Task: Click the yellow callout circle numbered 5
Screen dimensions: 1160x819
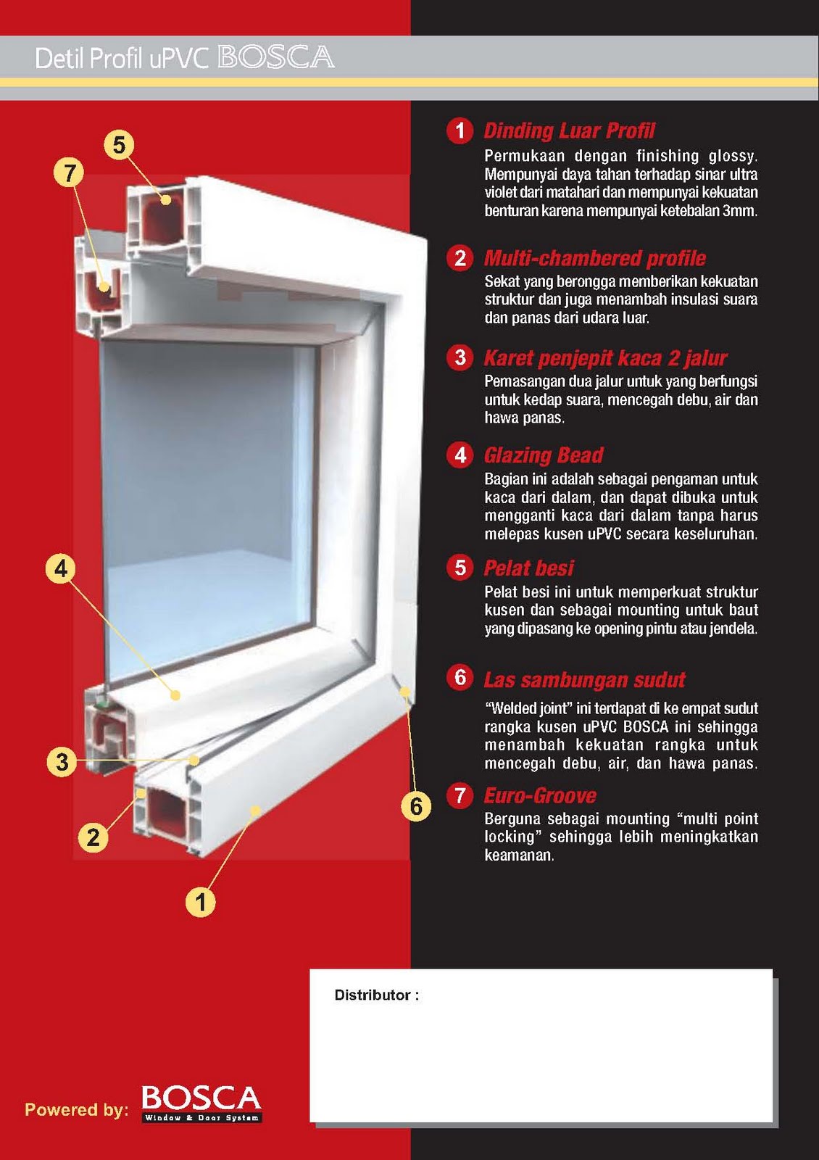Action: pyautogui.click(x=119, y=145)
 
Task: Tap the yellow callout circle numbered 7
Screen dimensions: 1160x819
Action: pyautogui.click(x=70, y=173)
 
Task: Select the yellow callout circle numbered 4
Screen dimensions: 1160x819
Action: pyautogui.click(x=61, y=568)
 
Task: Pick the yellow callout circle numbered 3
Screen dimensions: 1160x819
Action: pyautogui.click(x=62, y=762)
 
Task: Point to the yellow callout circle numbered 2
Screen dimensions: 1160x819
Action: pyautogui.click(x=93, y=837)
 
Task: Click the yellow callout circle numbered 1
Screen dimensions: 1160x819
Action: pyautogui.click(x=201, y=902)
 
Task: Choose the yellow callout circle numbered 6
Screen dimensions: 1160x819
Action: pyautogui.click(x=416, y=806)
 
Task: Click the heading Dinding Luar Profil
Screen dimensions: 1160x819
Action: pyautogui.click(x=569, y=131)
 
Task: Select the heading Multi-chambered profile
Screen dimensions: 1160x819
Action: pyautogui.click(x=594, y=258)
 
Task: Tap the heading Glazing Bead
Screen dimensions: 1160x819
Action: pyautogui.click(x=544, y=455)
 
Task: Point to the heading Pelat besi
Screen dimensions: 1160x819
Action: pyautogui.click(x=528, y=568)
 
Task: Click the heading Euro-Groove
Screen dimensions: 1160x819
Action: pyautogui.click(x=540, y=796)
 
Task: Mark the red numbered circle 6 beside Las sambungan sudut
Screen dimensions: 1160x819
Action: pyautogui.click(x=460, y=677)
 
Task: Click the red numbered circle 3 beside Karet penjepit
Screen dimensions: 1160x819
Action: pyautogui.click(x=460, y=357)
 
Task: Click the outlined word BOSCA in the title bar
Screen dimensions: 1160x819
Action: pyautogui.click(x=275, y=57)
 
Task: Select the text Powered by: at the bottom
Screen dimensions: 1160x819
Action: pyautogui.click(x=76, y=1109)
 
